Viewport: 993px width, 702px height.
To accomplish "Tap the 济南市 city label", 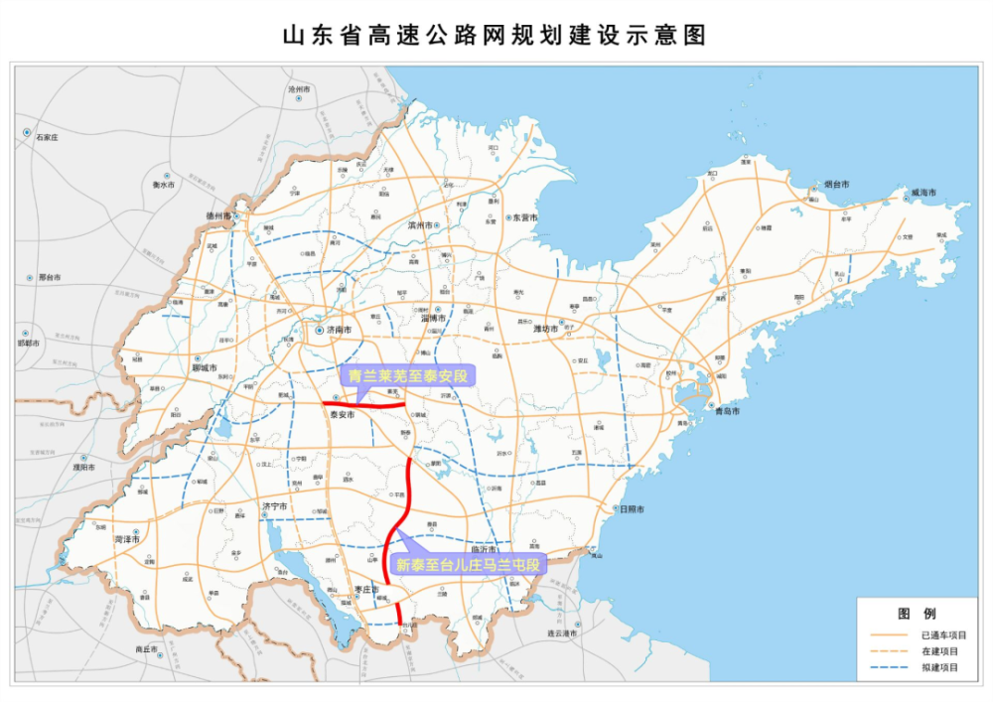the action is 339,330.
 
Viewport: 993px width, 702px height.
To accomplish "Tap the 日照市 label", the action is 630,509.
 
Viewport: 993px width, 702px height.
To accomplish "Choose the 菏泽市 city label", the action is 126,538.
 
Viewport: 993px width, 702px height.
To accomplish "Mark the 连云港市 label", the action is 568,632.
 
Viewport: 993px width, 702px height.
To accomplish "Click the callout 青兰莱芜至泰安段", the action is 408,376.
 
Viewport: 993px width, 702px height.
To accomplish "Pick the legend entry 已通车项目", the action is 942,634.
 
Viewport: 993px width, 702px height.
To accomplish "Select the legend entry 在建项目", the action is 938,651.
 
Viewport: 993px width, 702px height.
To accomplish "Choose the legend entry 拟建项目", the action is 938,668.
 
